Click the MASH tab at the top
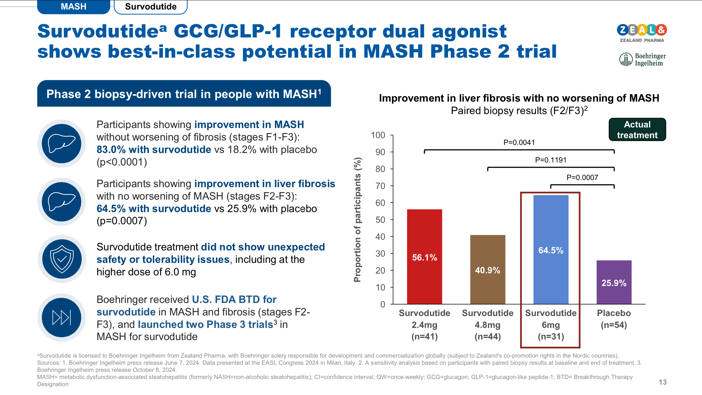click(73, 7)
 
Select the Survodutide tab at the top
click(151, 7)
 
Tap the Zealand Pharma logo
click(642, 33)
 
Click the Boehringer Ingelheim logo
click(642, 59)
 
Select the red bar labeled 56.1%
click(424, 257)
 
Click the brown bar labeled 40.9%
click(488, 269)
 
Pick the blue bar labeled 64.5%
click(551, 249)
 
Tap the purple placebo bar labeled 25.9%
click(614, 282)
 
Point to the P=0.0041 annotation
click(519, 143)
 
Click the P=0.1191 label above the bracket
click(550, 160)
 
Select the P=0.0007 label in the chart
click(582, 178)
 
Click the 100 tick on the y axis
click(378, 135)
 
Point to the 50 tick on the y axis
click(380, 220)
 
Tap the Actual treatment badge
click(637, 129)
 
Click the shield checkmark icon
click(62, 259)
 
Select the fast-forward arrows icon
click(61, 317)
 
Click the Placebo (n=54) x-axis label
click(614, 319)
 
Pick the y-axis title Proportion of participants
click(357, 220)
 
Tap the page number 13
click(662, 382)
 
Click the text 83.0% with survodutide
click(154, 149)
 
